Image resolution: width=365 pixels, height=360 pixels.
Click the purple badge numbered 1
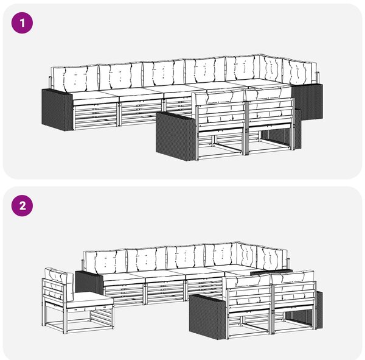click(x=22, y=23)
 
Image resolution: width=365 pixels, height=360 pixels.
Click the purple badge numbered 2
click(x=22, y=206)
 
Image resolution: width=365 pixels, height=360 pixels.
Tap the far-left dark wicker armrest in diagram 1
click(x=57, y=110)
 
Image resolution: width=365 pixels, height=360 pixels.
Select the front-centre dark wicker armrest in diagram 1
click(x=176, y=136)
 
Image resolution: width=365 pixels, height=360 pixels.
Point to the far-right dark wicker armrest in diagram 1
click(x=308, y=102)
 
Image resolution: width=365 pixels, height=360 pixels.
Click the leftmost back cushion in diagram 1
click(x=75, y=78)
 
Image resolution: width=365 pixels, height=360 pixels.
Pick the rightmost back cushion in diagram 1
click(x=299, y=72)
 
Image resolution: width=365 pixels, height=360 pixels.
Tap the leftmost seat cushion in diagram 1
click(x=96, y=97)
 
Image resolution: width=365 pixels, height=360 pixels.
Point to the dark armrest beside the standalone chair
click(x=89, y=283)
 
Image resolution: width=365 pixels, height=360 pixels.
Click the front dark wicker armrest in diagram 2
click(x=207, y=317)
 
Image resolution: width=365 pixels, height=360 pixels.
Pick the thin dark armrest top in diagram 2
click(x=271, y=271)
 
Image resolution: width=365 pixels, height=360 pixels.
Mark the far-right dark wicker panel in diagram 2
click(x=319, y=309)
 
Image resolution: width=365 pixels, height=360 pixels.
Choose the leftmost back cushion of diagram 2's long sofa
click(x=105, y=261)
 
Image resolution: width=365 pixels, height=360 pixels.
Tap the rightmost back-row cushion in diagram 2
click(x=273, y=256)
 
